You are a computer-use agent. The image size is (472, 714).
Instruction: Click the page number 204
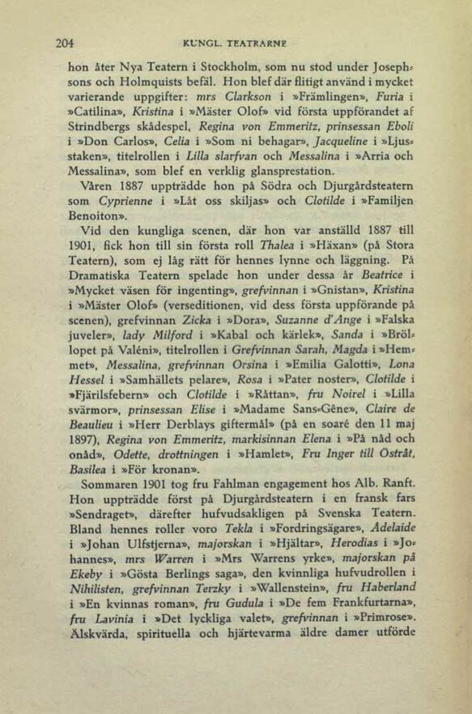[x=64, y=42]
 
